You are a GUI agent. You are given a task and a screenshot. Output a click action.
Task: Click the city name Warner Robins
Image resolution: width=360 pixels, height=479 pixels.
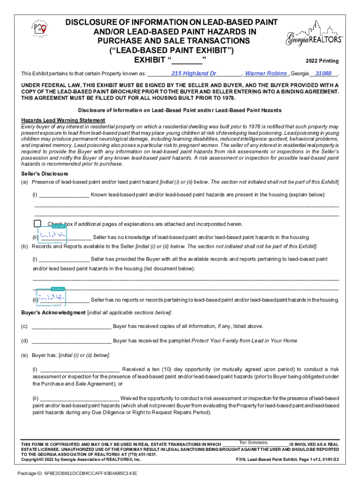pyautogui.click(x=266, y=73)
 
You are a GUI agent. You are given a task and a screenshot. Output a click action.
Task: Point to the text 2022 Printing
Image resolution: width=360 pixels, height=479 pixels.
pyautogui.click(x=322, y=61)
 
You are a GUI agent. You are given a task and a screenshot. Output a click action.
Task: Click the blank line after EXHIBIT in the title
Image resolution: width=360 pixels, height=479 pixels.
pyautogui.click(x=187, y=60)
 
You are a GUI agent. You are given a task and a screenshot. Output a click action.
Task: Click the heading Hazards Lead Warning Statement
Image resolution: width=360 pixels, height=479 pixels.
pyautogui.click(x=63, y=121)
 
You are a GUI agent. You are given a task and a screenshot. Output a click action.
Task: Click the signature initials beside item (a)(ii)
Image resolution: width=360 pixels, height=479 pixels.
pyautogui.click(x=52, y=235)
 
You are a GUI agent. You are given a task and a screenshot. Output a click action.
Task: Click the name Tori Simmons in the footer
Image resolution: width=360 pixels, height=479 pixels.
pyautogui.click(x=253, y=443)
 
